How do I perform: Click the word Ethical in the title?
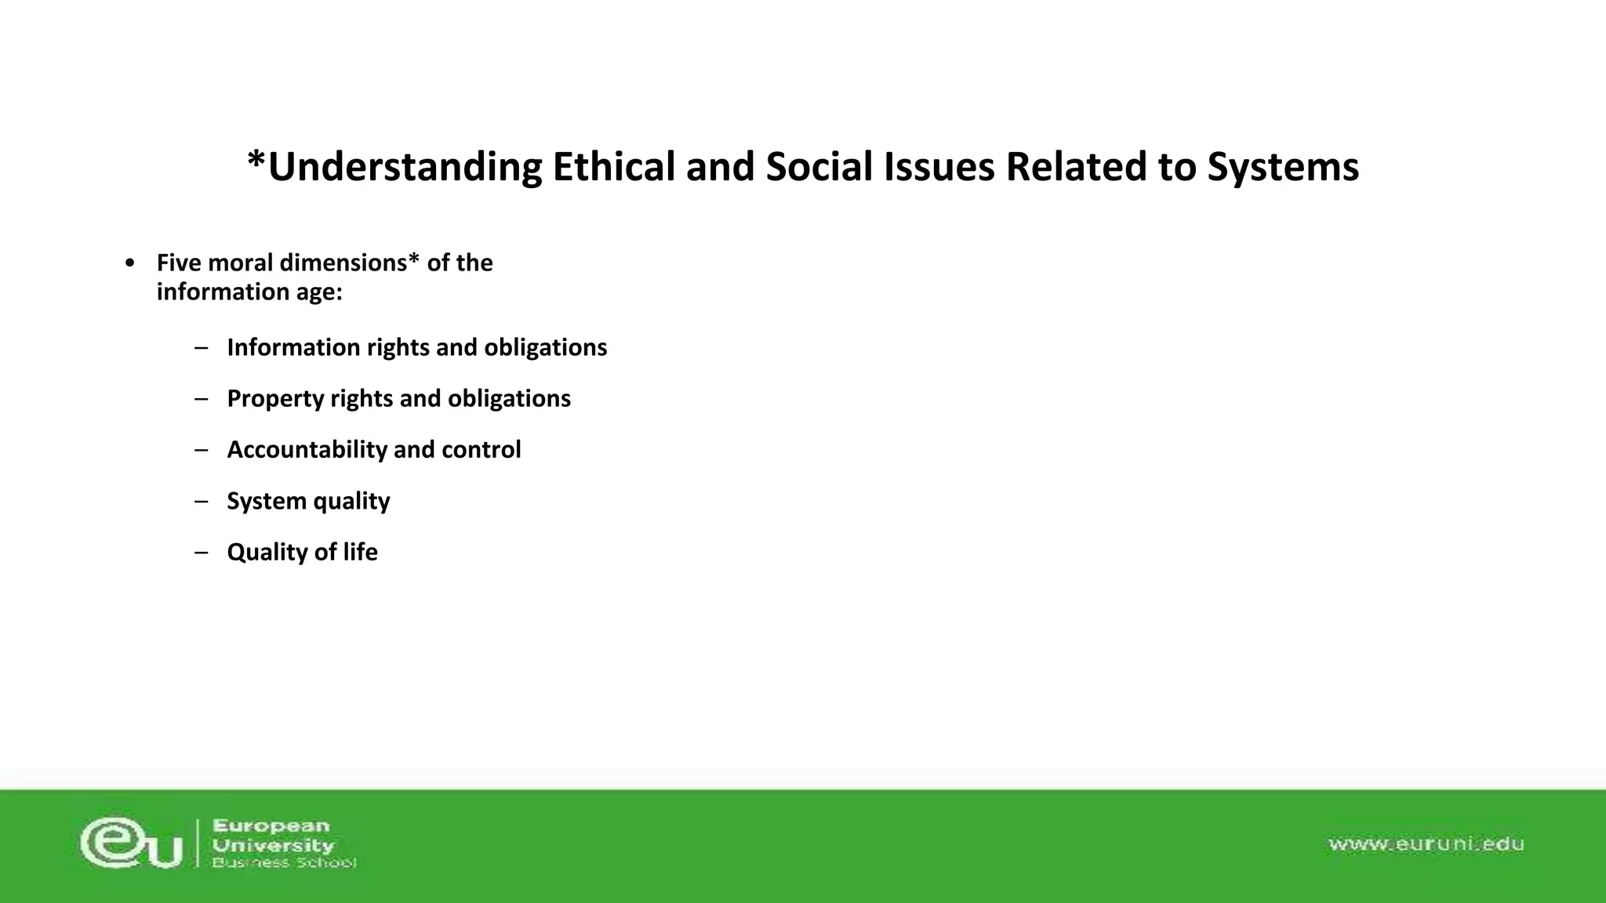tap(613, 167)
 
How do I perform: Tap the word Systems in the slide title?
tap(1283, 167)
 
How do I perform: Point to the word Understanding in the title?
tap(404, 167)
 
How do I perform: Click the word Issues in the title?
tap(939, 167)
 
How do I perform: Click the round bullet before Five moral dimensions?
tap(130, 263)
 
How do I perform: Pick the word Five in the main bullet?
tap(179, 263)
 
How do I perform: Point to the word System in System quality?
tap(267, 501)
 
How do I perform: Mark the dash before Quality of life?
tap(202, 552)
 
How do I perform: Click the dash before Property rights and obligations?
tap(202, 399)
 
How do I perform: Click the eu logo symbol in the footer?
tap(131, 843)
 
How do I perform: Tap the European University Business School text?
tap(283, 844)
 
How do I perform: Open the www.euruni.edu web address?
tap(1426, 844)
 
